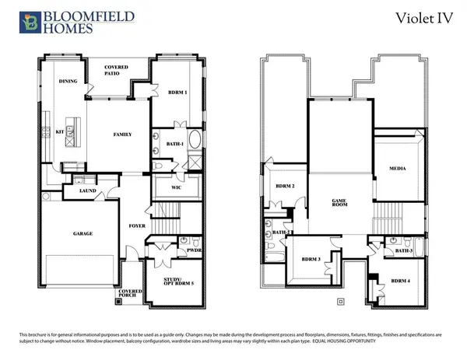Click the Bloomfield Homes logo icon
tap(30, 20)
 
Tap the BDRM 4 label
tap(400, 280)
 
